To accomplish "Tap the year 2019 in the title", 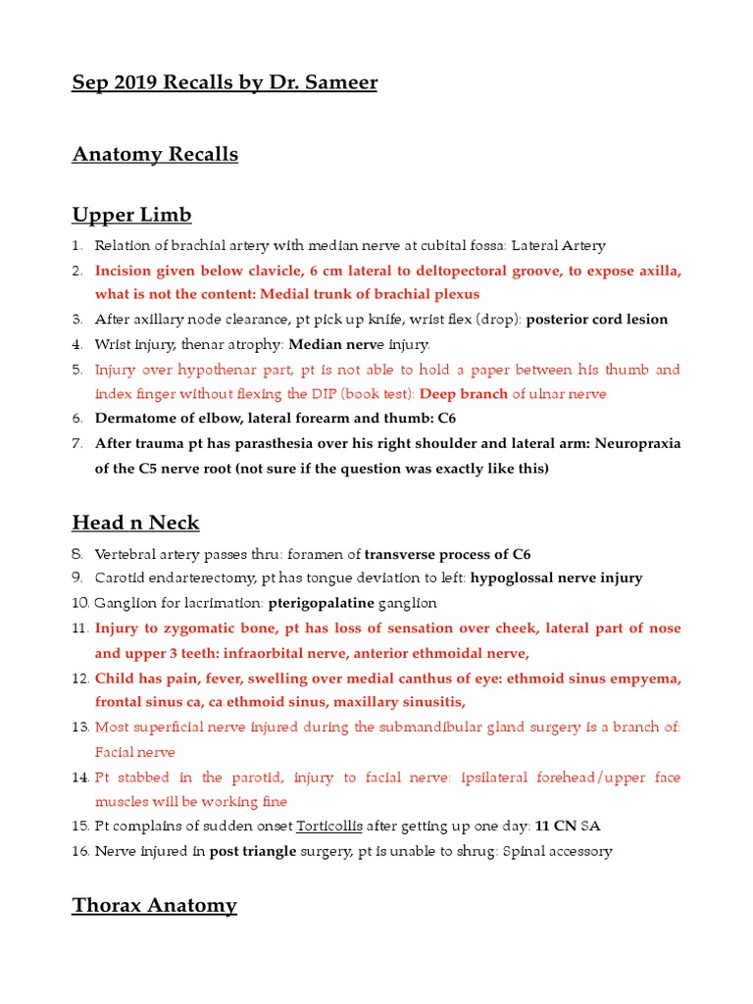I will click(132, 82).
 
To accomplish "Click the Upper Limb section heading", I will click(131, 215).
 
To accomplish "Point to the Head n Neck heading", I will click(135, 523).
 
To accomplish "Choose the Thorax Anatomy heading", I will click(154, 905).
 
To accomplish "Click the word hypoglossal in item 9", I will click(513, 577).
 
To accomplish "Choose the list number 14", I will click(80, 777).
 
